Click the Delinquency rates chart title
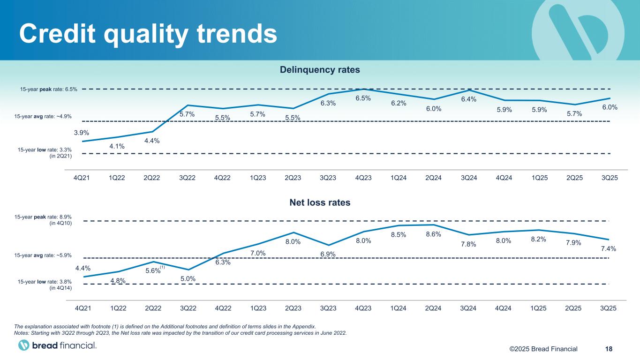(320, 70)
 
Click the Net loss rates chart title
(320, 203)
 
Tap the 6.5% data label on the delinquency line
(363, 98)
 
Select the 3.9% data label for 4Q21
(82, 133)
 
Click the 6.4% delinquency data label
(468, 99)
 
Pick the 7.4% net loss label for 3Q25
(608, 248)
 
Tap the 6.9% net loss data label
(328, 254)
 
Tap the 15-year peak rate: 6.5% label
(49, 89)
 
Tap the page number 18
(609, 348)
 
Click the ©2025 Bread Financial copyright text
(544, 348)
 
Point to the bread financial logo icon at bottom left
(23, 345)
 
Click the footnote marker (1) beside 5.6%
(163, 267)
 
